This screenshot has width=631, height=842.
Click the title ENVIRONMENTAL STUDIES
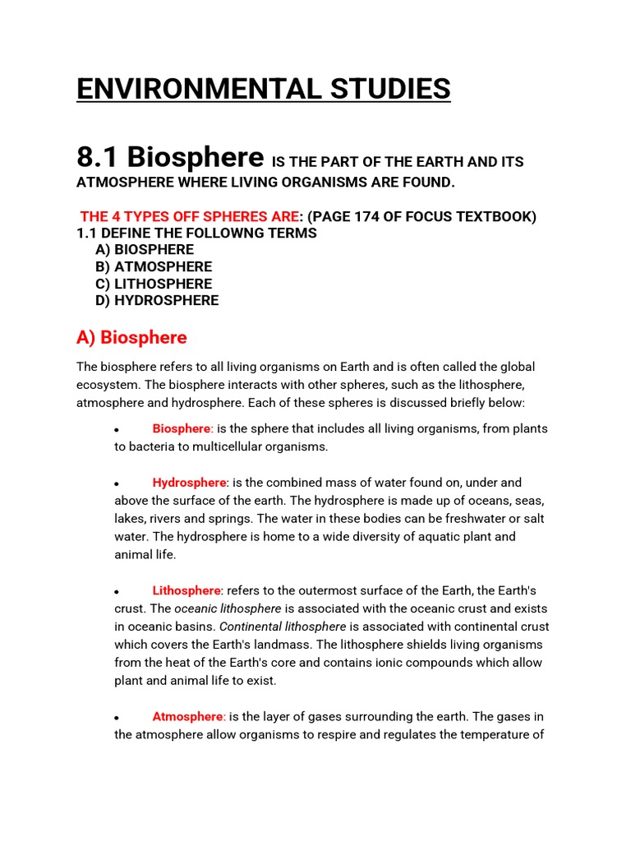coord(263,88)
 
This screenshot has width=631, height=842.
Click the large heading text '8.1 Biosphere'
coord(170,156)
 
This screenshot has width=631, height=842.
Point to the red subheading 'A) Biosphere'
coord(131,337)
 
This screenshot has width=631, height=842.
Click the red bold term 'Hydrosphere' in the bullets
coord(189,483)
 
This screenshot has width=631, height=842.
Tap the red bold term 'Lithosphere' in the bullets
coord(187,590)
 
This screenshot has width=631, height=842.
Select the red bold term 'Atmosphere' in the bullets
coord(187,717)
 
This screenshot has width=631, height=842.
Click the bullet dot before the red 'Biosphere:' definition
coord(117,430)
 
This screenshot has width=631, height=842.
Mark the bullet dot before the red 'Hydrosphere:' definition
coord(117,484)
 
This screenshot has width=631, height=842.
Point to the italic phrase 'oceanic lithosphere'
coord(228,608)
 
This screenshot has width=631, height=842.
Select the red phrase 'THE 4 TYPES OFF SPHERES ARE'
coord(189,217)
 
